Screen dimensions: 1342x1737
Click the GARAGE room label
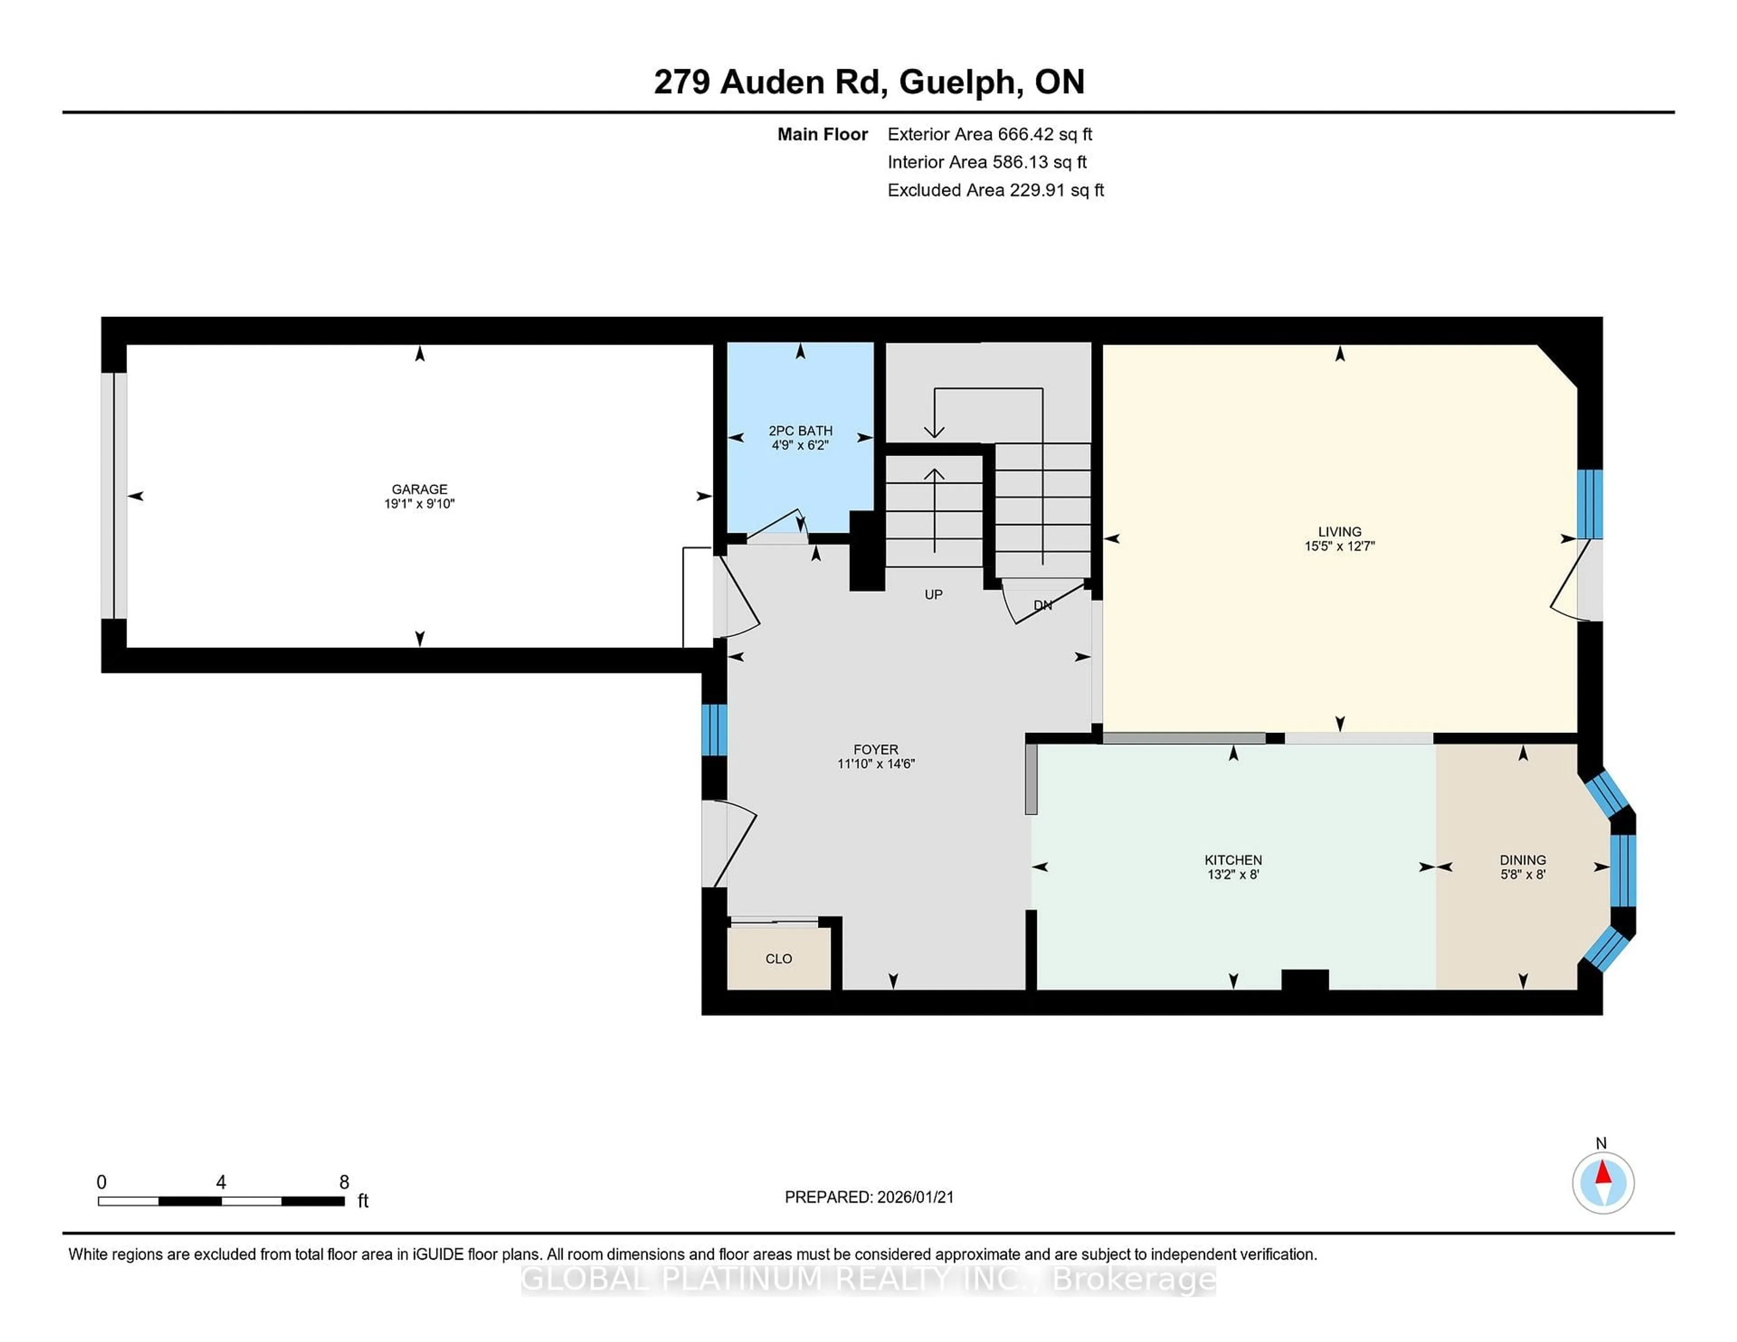point(419,489)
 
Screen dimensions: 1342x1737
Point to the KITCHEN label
point(1233,860)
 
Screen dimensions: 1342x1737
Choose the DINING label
point(1522,860)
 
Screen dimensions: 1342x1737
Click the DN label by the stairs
point(1043,605)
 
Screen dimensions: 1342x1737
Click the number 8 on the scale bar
point(344,1182)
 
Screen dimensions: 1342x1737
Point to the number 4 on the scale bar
point(221,1182)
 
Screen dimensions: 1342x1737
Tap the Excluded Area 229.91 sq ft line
point(995,190)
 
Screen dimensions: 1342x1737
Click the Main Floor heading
point(822,134)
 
